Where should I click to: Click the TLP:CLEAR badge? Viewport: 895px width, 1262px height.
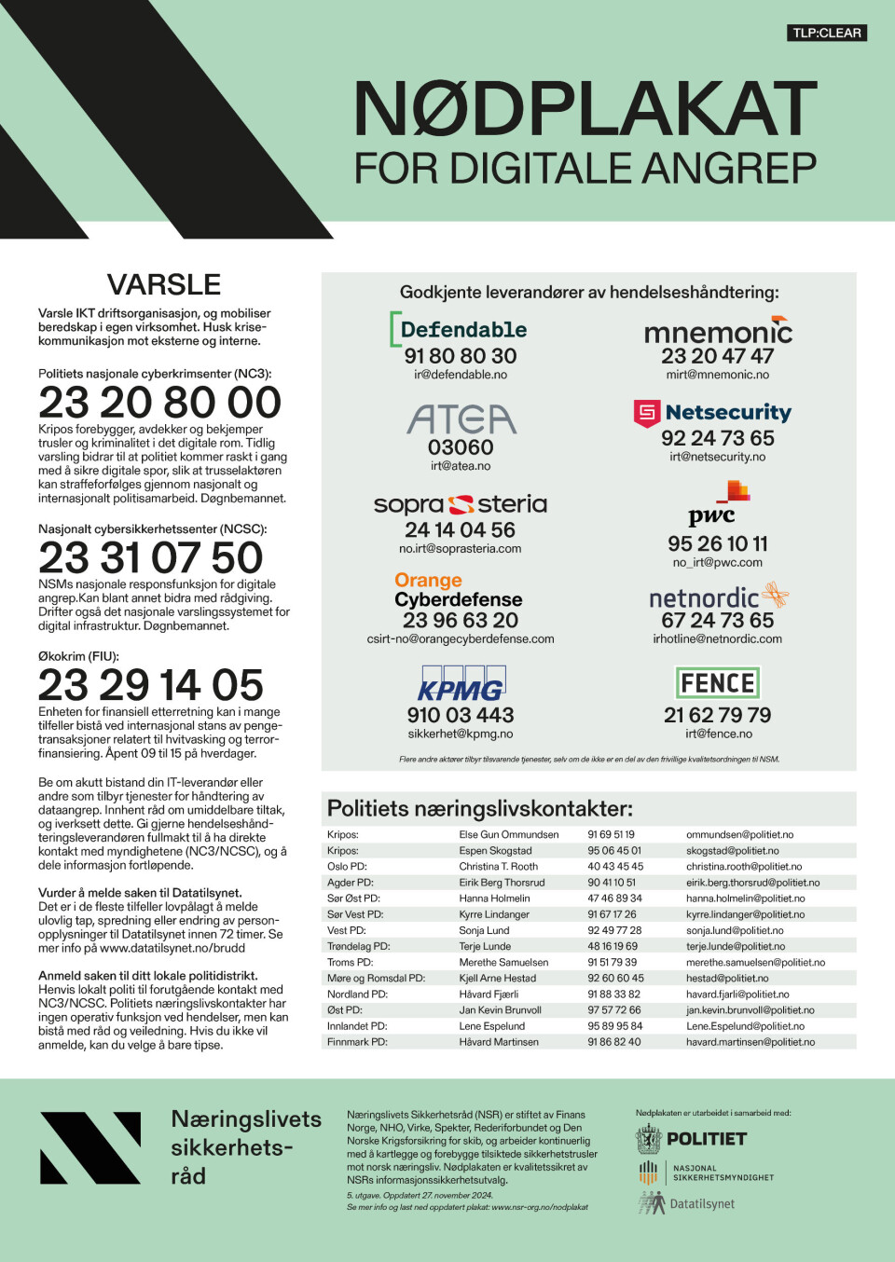tap(827, 33)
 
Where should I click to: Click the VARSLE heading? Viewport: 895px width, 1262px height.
tap(164, 284)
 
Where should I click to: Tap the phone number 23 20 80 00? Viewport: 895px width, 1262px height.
tap(159, 403)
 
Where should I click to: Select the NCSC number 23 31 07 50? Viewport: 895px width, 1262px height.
tap(151, 557)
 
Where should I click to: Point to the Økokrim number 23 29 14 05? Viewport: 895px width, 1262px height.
tap(151, 685)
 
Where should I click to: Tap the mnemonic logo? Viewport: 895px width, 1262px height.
tap(718, 331)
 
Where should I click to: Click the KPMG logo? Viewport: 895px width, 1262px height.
tap(461, 684)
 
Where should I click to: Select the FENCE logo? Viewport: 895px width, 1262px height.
tap(717, 683)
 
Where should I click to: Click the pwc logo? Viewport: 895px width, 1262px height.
tap(717, 503)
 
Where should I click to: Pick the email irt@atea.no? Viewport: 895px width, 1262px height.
tap(461, 466)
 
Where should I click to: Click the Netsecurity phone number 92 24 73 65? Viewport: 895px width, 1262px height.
tap(718, 438)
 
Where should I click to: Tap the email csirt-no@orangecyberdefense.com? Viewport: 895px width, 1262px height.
tap(461, 639)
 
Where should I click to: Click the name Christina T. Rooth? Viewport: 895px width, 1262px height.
tap(498, 867)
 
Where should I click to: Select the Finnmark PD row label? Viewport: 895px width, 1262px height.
tap(357, 1042)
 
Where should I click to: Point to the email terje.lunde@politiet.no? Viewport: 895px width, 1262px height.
tap(736, 946)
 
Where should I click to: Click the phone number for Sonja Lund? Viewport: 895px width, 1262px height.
tap(614, 930)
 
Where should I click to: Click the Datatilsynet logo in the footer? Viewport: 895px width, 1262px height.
tap(687, 1204)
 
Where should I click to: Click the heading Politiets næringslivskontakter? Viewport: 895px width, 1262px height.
tap(480, 808)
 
